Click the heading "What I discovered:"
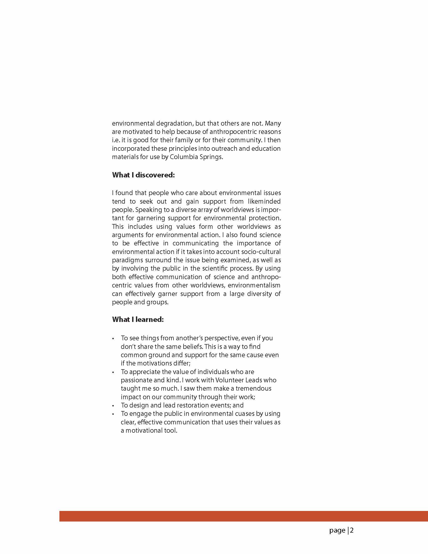tap(143, 175)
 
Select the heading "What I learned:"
tap(138, 319)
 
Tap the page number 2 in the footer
tap(352, 530)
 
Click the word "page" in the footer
tap(337, 530)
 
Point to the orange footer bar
tap(243, 516)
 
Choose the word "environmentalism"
tap(254, 285)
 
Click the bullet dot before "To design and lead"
tap(113, 405)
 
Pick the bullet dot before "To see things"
tap(113, 339)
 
